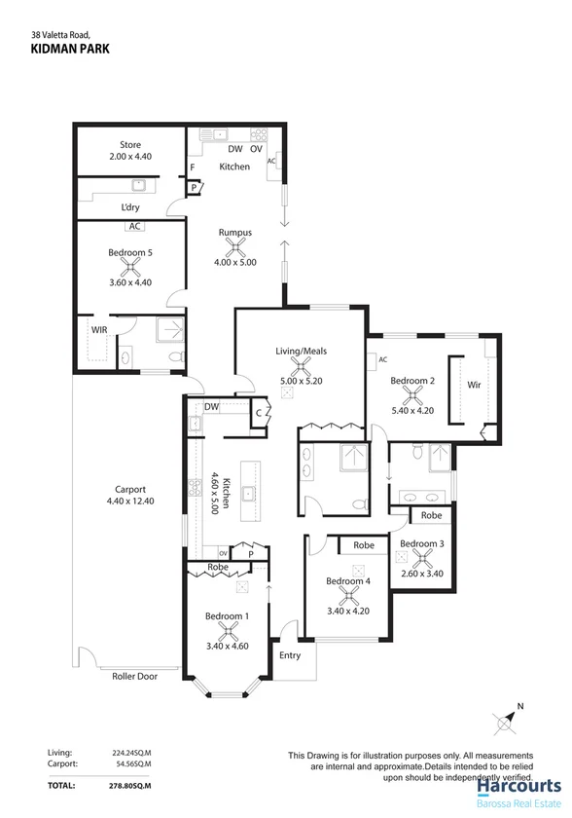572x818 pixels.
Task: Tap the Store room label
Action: click(x=129, y=145)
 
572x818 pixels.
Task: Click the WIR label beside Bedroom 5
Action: click(x=99, y=330)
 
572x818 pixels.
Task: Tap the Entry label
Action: click(x=290, y=655)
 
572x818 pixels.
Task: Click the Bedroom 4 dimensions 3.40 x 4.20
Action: click(x=346, y=612)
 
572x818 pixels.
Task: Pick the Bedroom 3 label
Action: click(x=422, y=543)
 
